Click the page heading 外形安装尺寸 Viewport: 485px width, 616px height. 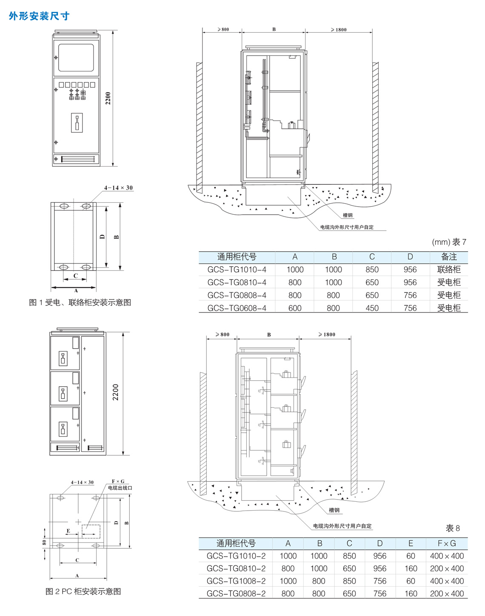39,16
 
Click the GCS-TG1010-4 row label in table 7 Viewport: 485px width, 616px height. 237,270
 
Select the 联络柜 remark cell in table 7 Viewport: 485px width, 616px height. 449,270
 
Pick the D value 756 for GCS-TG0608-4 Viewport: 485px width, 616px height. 410,308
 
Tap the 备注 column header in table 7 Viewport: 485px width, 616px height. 449,257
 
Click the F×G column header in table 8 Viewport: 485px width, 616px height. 447,543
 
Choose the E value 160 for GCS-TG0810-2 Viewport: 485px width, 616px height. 411,568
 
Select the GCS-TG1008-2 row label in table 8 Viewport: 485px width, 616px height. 236,581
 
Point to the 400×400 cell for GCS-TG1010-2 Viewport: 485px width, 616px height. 447,556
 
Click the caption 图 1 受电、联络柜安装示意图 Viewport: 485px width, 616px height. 80,303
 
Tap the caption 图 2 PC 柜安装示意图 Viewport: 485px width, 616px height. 83,591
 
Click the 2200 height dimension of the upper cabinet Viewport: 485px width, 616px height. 108,98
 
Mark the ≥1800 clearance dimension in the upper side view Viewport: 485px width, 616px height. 339,30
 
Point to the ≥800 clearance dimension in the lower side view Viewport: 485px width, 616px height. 223,335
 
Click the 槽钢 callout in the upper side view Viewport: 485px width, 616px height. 348,216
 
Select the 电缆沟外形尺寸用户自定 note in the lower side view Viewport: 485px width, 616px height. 342,526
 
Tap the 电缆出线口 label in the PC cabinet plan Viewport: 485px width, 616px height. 120,488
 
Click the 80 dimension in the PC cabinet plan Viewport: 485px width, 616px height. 44,542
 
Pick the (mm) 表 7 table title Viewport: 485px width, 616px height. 449,242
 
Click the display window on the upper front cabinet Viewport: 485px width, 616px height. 76,57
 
